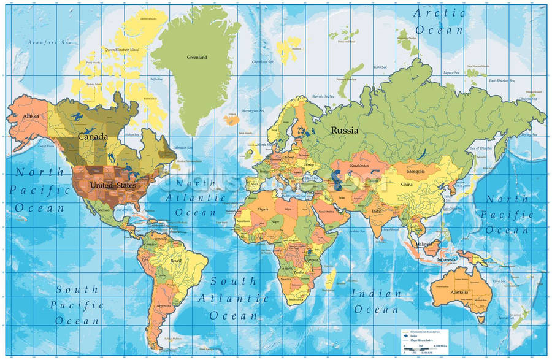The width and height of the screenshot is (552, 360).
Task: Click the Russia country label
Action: coord(344,130)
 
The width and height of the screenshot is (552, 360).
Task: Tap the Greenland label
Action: coord(197,58)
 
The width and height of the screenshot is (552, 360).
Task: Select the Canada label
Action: coord(93,136)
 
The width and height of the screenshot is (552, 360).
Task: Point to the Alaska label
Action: coord(31,116)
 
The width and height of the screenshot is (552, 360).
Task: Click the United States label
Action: coord(112,185)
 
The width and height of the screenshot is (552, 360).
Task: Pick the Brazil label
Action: coord(177,261)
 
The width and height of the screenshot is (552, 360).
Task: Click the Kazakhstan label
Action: coord(359,166)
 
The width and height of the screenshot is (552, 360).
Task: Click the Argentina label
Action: coord(163,305)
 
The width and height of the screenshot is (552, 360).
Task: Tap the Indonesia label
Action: coord(447,259)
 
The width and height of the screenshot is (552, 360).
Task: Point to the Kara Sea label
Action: coord(380,67)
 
